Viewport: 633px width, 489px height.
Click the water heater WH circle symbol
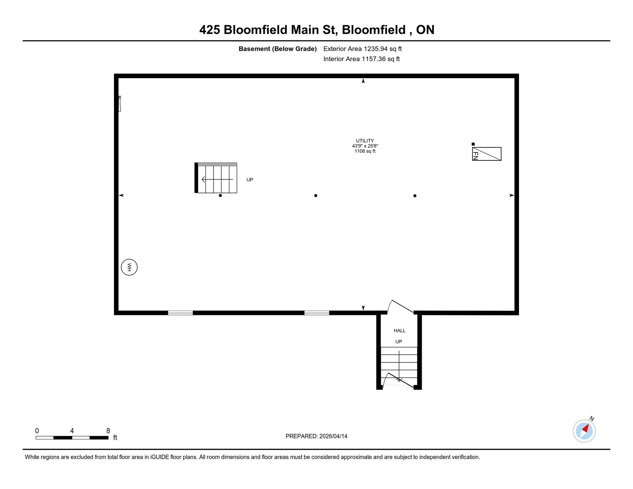tap(129, 267)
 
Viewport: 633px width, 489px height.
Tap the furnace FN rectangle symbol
tap(487, 154)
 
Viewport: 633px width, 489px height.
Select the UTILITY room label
tap(365, 141)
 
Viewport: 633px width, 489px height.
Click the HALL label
tap(400, 330)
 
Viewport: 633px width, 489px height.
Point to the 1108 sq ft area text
tap(365, 151)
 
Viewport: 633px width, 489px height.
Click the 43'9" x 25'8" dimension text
tap(365, 146)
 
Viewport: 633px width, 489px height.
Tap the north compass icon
tap(584, 431)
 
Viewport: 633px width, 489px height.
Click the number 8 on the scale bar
tap(108, 431)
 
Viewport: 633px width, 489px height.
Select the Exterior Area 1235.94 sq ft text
tap(362, 49)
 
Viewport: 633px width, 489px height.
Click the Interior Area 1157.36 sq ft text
tap(361, 59)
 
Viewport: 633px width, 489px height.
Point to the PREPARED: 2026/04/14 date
tap(316, 436)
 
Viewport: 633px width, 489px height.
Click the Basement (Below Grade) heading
tap(278, 49)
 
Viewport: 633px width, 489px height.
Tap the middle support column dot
tap(316, 195)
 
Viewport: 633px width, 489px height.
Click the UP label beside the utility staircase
tap(250, 180)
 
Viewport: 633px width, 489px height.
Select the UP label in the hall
tap(399, 342)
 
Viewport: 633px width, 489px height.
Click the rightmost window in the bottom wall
tap(316, 313)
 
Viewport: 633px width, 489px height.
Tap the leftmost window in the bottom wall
tap(180, 313)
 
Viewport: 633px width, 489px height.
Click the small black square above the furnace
tap(473, 144)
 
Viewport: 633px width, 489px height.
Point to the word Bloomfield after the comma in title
tap(374, 30)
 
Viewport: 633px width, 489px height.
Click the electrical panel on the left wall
tap(120, 104)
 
